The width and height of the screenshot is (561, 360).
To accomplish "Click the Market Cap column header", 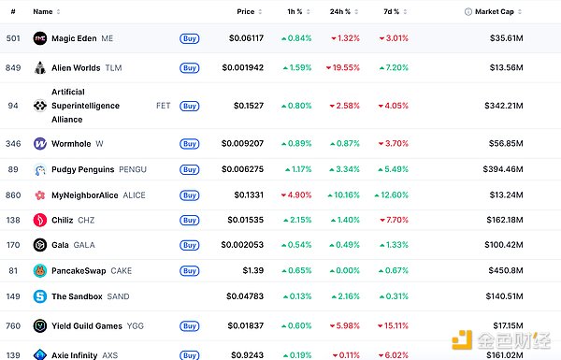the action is pos(495,12).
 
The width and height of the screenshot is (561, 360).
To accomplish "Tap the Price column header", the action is pos(245,12).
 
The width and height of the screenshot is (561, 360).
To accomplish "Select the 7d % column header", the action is pos(392,12).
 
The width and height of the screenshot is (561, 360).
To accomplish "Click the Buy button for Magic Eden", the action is pos(189,38).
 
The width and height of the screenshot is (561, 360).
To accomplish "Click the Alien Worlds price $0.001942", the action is pos(242,67).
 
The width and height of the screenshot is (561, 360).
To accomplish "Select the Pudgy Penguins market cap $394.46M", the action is pos(503,169).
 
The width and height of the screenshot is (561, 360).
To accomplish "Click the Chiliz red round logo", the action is pos(40,220).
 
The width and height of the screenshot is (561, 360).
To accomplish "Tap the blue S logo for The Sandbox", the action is pos(40,296).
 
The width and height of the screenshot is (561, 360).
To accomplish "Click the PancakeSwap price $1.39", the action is pos(253,270).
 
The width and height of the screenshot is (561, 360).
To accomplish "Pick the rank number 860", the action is pos(13,195).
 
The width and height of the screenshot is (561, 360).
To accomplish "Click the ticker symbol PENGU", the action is pos(133,169).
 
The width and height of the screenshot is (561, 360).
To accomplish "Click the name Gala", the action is pos(60,245).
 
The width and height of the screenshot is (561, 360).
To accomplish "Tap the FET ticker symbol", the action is pos(163,106).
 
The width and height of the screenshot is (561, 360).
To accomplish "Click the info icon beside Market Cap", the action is pos(468,12).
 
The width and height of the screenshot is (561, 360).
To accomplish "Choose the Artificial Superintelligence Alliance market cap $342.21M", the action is pos(504,106).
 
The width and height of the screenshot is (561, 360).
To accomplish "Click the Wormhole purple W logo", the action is pos(40,143).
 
